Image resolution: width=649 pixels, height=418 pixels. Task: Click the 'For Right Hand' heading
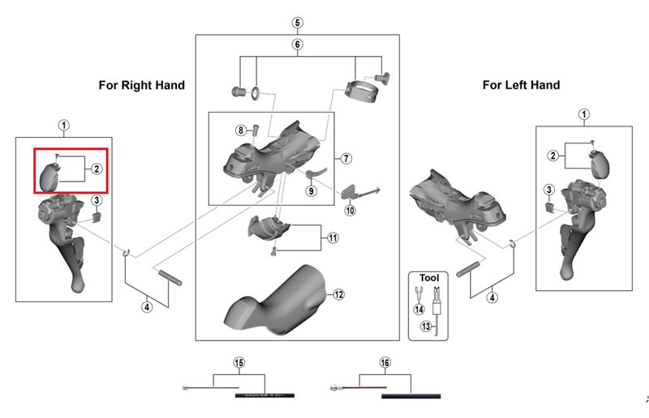[142, 85]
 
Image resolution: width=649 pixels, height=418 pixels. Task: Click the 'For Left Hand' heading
[521, 85]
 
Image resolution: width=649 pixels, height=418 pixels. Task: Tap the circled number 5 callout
[297, 22]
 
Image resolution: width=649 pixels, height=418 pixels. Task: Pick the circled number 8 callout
[241, 130]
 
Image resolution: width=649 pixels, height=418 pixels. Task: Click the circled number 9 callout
[311, 190]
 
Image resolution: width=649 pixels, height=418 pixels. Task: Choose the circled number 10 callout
[350, 210]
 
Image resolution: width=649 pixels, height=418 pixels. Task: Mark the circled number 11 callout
[333, 238]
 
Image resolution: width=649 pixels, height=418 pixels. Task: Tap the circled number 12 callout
[339, 295]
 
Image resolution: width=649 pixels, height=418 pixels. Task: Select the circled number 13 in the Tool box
[424, 326]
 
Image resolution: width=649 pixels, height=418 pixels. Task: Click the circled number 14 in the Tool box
[419, 309]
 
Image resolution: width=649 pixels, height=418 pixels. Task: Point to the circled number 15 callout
[239, 362]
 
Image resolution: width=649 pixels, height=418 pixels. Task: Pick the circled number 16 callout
[385, 362]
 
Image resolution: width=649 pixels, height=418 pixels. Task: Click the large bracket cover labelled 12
[280, 304]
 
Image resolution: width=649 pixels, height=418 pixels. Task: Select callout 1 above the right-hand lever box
[64, 125]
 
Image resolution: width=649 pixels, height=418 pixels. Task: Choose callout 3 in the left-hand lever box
[549, 190]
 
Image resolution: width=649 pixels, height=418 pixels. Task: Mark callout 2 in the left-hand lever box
[552, 156]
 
